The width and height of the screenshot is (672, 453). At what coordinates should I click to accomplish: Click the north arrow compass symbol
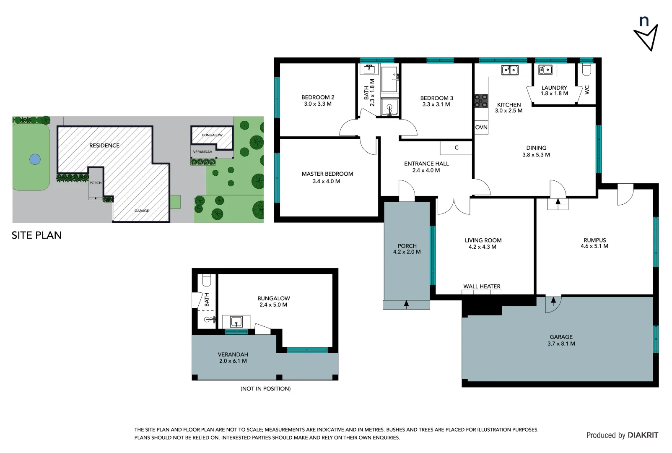tap(646, 34)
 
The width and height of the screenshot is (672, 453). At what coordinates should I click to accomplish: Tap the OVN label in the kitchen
tap(481, 128)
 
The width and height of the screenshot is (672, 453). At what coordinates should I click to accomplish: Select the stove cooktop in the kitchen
tap(481, 101)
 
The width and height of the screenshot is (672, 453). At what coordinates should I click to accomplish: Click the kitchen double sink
tap(510, 70)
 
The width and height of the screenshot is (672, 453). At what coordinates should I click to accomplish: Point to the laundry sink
tap(545, 70)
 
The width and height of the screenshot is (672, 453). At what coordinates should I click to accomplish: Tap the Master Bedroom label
tap(327, 174)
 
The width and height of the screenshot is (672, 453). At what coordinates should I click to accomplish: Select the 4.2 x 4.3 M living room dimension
tap(482, 247)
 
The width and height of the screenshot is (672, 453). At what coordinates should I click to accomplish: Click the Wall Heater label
tap(482, 286)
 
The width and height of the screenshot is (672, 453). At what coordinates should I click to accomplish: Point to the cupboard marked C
tap(456, 148)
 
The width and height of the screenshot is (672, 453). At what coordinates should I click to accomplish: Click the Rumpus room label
tap(594, 240)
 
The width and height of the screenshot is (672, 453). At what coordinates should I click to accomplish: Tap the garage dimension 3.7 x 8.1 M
tap(561, 344)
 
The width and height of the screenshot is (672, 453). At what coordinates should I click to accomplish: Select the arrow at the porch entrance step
tap(406, 304)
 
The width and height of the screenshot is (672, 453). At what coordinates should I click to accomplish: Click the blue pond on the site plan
tap(35, 159)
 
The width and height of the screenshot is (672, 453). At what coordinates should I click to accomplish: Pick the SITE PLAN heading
tap(36, 235)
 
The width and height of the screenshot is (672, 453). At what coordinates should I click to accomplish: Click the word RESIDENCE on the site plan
tap(104, 146)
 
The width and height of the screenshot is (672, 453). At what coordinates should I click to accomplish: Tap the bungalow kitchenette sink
tap(236, 322)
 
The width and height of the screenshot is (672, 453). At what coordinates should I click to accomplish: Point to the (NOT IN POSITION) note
tap(265, 389)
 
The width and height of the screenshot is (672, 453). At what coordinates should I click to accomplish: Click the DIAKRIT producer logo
tap(643, 435)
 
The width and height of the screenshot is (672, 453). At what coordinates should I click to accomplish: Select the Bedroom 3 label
tap(436, 98)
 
